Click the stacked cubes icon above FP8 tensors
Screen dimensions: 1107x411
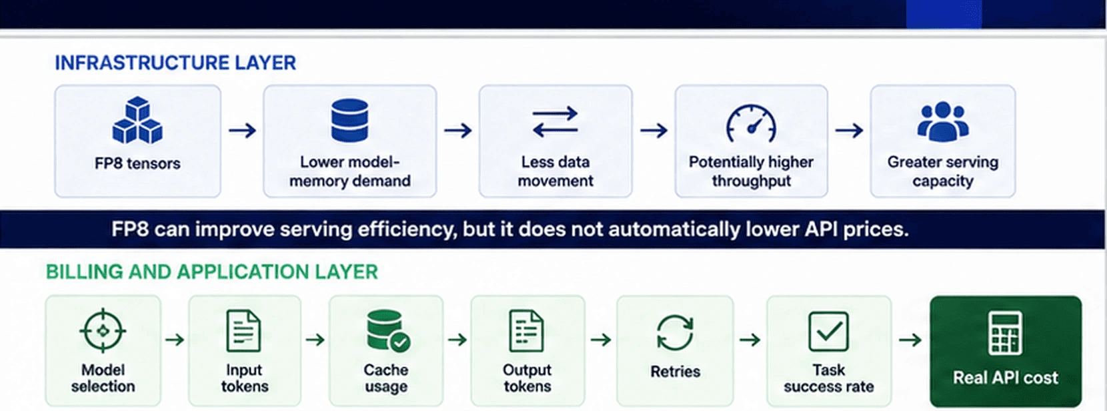click(137, 120)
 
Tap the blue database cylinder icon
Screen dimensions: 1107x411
click(349, 120)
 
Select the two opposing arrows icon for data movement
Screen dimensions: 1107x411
click(555, 121)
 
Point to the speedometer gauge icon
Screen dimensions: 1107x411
click(751, 123)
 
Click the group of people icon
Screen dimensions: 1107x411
click(943, 121)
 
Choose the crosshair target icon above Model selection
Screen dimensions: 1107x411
click(103, 331)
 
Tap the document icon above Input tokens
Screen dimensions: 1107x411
click(243, 331)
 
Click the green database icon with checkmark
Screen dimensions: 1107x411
click(388, 331)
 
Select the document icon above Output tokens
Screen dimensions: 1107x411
click(527, 331)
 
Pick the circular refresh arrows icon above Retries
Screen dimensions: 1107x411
click(675, 332)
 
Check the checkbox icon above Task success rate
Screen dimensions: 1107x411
click(829, 331)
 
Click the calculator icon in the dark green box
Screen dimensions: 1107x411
click(1006, 333)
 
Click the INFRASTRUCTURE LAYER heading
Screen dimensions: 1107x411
click(175, 63)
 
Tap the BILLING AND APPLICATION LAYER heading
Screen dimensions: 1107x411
click(212, 272)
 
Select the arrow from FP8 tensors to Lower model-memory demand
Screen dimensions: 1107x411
click(242, 131)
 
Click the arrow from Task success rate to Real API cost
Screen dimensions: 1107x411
click(910, 340)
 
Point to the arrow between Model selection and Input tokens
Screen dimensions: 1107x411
click(175, 340)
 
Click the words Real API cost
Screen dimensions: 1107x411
click(1006, 378)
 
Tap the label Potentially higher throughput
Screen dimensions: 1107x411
click(751, 171)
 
